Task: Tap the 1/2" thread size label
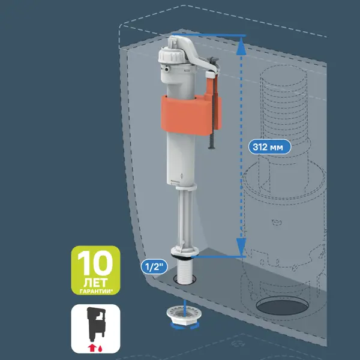pos(154,267)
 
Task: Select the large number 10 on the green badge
pos(95,263)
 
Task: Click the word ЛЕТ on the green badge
pos(95,283)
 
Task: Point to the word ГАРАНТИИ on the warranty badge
pos(95,291)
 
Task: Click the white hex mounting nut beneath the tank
pos(184,316)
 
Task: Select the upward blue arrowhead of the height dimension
pos(241,46)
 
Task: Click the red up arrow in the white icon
pos(92,347)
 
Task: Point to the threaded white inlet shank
pos(184,271)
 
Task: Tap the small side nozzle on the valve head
pos(166,68)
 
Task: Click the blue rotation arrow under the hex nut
pos(185,326)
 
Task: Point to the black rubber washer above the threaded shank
pos(183,257)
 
